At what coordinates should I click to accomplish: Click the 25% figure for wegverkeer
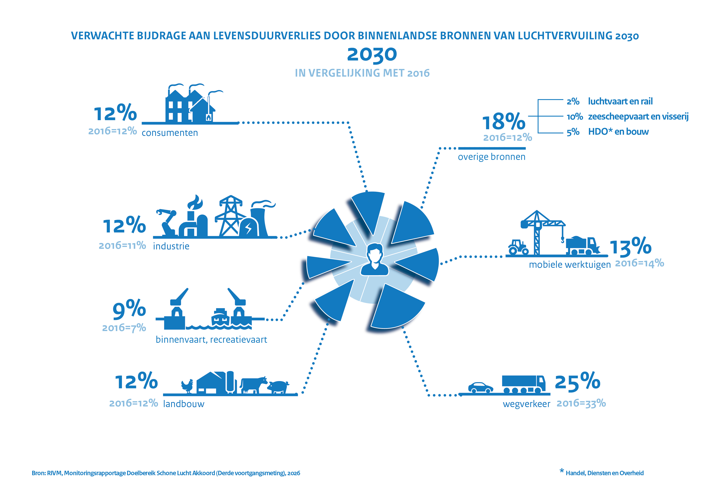pos(578,382)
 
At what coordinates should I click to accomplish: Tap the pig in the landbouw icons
pos(278,387)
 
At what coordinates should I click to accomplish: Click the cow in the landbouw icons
pos(253,385)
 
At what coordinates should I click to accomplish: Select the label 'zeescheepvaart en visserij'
pos(638,117)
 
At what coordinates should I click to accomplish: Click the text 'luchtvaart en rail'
pos(620,101)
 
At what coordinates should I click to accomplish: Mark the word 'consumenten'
pos(170,133)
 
